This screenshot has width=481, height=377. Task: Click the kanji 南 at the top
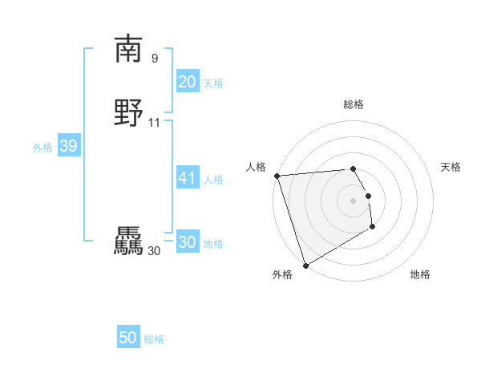pos(128,49)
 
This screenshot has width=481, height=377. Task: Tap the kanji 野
pos(128,113)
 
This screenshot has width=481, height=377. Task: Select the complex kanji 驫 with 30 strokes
pos(128,241)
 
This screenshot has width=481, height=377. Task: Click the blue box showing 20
pos(187,82)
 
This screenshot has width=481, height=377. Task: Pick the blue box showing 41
pos(187,178)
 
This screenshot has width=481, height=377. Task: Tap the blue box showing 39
pos(68,146)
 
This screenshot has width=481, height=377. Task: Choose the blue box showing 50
pos(128,338)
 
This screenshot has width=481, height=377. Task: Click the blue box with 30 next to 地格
pos(187,242)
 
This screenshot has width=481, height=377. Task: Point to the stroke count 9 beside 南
pos(155,59)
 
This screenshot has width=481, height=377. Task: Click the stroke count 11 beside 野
pos(155,123)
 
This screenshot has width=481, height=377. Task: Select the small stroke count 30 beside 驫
pos(154,251)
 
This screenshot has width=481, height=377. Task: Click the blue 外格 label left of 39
pos(42,148)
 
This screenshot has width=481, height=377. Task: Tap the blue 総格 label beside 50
pos(154,339)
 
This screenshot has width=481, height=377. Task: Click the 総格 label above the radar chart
pos(354,104)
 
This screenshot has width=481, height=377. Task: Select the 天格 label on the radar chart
pos(451,167)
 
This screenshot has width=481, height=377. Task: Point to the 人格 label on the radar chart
pos(257,167)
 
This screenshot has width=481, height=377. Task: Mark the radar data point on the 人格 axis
pos(277,176)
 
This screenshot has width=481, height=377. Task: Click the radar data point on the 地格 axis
pos(373,227)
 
